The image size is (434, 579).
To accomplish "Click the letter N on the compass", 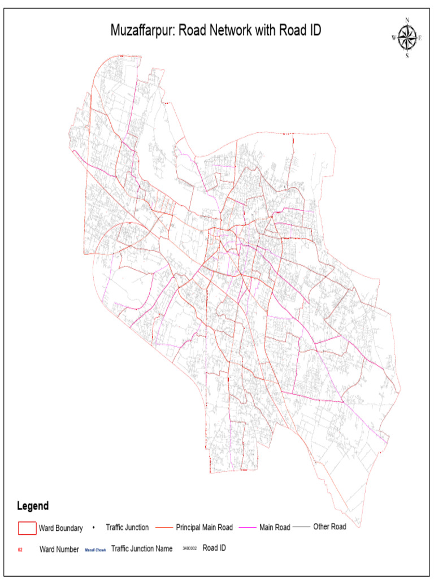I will tap(407, 20).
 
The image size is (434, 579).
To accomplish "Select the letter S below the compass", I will tap(407, 56).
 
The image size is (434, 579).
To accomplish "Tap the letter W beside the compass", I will tap(394, 38).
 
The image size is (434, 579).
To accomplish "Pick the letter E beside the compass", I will tap(420, 38).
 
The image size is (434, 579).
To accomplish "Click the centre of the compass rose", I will tap(407, 38).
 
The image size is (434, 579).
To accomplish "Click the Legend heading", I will tap(33, 506).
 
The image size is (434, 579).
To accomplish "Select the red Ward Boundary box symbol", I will tap(27, 528).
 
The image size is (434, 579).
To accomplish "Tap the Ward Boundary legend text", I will tap(60, 529).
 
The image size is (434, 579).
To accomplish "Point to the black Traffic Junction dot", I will tap(93, 528).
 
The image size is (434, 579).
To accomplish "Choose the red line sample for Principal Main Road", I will tap(163, 528).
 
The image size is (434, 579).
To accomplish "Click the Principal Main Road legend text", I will tap(204, 528).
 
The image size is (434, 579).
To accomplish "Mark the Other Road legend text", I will tap(329, 527).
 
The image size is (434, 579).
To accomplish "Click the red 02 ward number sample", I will tap(20, 549).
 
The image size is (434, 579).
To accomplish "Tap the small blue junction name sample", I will tap(96, 549).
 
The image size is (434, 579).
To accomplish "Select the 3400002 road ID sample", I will tap(189, 548).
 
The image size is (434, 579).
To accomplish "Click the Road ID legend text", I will tap(215, 548).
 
